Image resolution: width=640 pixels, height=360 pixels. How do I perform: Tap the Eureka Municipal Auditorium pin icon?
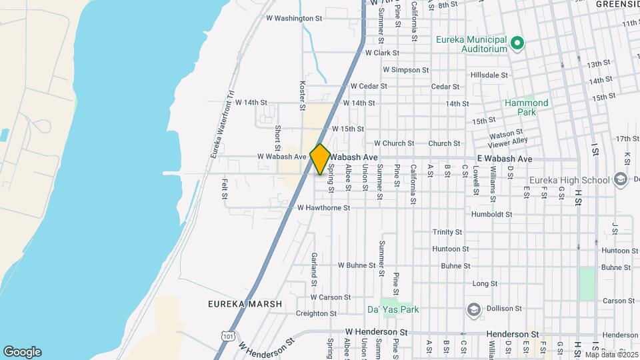[517, 45]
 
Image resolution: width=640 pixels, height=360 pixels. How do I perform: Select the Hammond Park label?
[526, 107]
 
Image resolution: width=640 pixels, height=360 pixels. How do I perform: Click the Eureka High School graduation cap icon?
[621, 180]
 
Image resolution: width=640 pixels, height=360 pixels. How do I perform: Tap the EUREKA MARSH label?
[245, 303]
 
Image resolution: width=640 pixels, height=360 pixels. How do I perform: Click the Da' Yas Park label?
[393, 309]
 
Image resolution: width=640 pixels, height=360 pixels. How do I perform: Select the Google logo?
[22, 351]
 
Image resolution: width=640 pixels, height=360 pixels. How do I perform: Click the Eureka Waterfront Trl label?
[223, 125]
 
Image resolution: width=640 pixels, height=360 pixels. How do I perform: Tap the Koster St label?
[302, 96]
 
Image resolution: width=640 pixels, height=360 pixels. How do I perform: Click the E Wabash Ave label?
[505, 159]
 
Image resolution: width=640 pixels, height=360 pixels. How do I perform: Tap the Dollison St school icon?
[474, 309]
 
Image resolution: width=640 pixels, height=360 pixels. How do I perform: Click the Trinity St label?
[447, 232]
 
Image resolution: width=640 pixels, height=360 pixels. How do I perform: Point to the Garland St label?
[313, 265]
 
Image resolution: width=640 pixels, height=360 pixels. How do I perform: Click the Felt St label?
[225, 189]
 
